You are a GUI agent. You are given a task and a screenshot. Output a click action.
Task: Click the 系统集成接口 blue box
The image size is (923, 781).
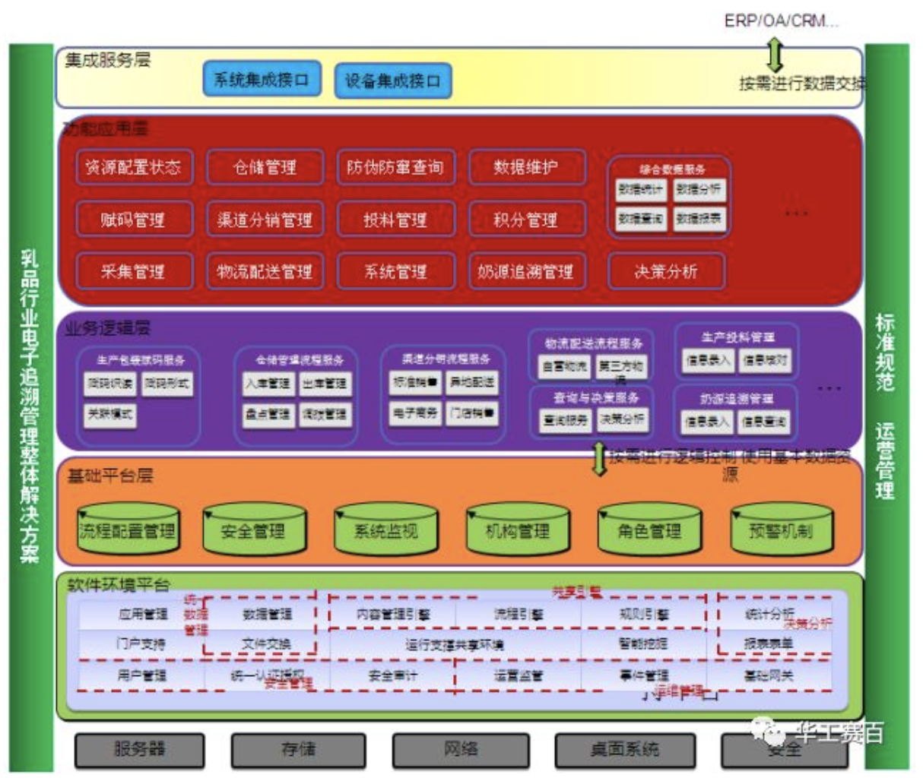click(x=262, y=80)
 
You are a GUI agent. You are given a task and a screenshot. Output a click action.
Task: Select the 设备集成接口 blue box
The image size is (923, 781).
click(x=393, y=81)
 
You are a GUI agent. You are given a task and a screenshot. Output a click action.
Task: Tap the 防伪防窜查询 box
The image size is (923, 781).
click(x=395, y=167)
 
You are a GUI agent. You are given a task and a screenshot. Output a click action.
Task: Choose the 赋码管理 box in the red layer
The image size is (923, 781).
click(x=133, y=220)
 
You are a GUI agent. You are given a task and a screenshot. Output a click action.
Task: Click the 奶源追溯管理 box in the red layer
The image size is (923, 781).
click(x=526, y=271)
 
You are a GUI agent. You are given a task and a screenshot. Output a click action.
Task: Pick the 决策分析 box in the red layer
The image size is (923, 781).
click(x=666, y=271)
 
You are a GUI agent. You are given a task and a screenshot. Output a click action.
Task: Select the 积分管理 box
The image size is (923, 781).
click(x=526, y=220)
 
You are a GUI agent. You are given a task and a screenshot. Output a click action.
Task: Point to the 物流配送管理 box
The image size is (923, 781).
click(x=265, y=271)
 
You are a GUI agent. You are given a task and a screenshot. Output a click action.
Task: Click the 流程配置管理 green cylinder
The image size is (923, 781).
click(x=128, y=530)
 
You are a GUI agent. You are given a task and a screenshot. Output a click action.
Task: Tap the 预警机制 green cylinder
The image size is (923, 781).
click(x=781, y=530)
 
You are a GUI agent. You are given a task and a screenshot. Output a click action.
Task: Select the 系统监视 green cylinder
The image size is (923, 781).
click(x=386, y=530)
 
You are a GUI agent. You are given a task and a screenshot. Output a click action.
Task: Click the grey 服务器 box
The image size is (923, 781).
click(x=140, y=750)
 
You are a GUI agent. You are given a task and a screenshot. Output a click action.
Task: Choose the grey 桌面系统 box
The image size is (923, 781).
click(x=625, y=750)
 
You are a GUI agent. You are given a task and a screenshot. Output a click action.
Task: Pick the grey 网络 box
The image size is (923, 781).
click(x=461, y=750)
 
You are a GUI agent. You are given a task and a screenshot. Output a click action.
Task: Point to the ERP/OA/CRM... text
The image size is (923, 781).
click(x=781, y=21)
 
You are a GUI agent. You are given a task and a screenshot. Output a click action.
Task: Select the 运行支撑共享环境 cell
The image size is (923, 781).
click(x=454, y=645)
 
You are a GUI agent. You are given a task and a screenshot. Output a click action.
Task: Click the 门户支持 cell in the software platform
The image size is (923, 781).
click(x=141, y=644)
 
